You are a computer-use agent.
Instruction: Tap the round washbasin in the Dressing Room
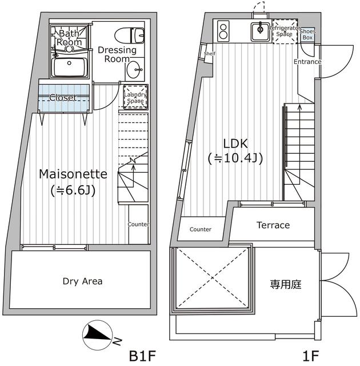135,71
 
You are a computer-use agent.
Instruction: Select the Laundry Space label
135,97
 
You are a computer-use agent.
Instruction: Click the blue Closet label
63,98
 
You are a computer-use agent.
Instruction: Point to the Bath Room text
70,38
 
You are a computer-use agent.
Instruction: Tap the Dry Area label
83,281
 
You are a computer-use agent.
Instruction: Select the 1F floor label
311,356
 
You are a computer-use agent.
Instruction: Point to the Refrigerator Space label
284,31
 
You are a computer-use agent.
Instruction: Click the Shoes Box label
307,34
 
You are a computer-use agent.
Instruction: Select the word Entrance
307,62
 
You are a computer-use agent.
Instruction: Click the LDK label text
235,144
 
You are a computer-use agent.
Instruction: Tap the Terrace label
273,225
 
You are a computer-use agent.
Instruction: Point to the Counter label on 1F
200,229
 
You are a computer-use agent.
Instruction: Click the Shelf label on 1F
209,54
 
